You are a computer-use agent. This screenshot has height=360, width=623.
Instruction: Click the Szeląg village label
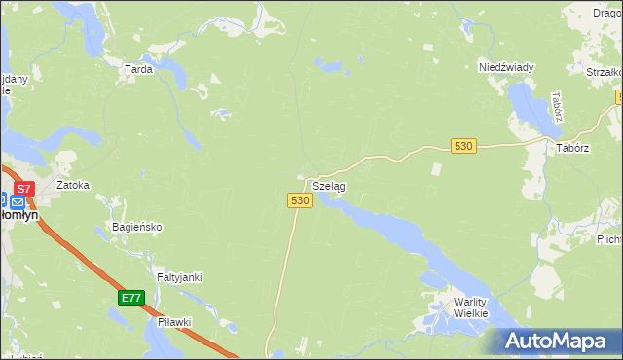click(x=329, y=185)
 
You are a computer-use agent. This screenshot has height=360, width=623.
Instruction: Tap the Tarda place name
click(x=138, y=69)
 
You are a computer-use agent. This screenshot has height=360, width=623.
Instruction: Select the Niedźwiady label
click(x=506, y=67)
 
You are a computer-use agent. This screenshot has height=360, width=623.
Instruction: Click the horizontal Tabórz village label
click(x=573, y=148)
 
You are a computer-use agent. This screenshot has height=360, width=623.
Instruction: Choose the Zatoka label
click(x=73, y=184)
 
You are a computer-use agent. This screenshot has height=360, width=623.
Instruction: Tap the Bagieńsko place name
click(x=136, y=227)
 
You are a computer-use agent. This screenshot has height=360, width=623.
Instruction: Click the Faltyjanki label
click(x=179, y=277)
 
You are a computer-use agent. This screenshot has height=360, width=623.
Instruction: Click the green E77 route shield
click(x=131, y=298)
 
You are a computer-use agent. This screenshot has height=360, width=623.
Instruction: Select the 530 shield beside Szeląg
click(x=300, y=199)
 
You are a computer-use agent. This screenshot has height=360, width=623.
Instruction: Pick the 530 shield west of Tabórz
click(x=463, y=146)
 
